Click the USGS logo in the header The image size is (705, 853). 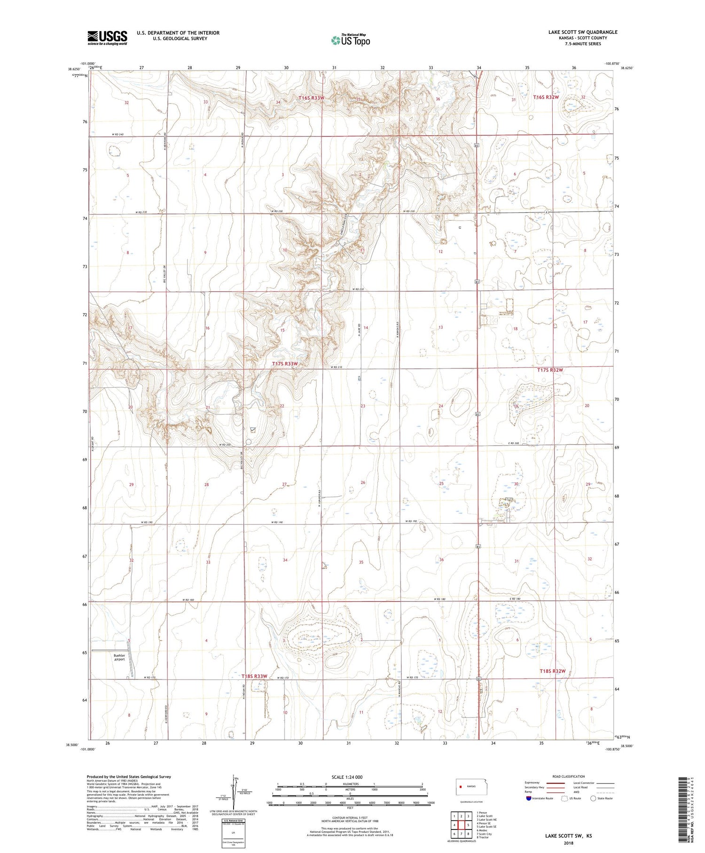coord(107,38)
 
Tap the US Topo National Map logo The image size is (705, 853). coord(350,40)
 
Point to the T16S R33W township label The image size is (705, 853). coord(312,98)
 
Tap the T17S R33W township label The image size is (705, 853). coord(285,364)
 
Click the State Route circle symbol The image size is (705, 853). coord(593,798)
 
